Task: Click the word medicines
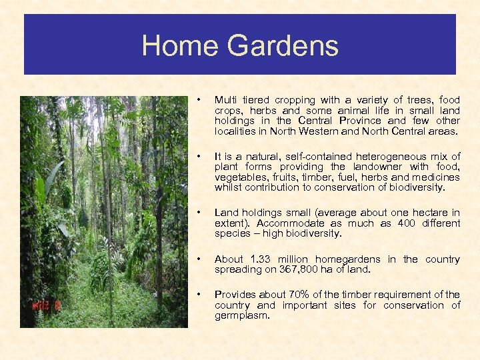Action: [x=437, y=177]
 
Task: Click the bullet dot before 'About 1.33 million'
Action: [x=197, y=259]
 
